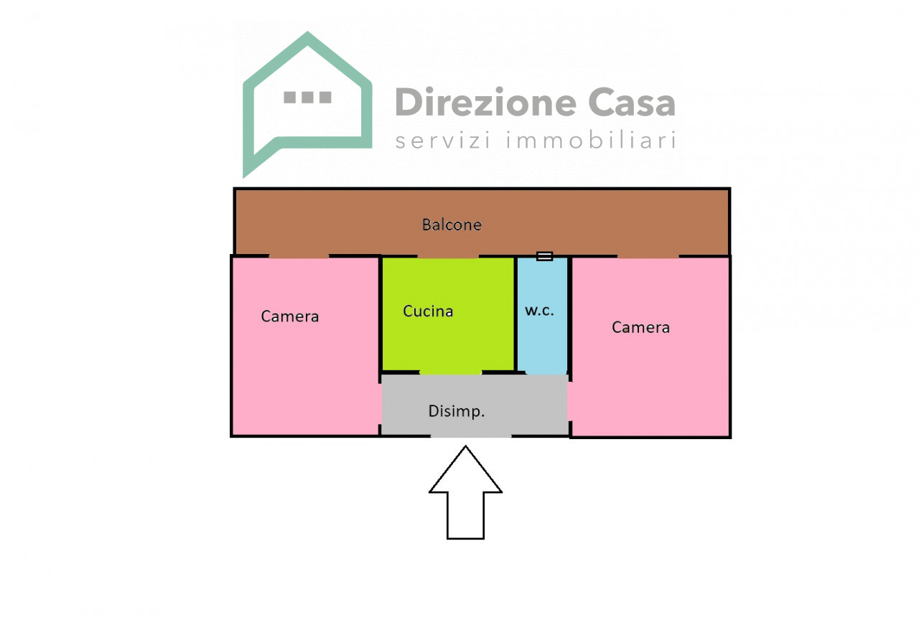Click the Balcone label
452,225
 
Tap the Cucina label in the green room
428,311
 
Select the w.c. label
539,311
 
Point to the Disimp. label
457,411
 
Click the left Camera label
289,316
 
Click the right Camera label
641,327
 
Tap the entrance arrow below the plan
466,492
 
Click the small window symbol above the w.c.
544,256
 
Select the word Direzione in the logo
486,102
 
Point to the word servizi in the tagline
443,140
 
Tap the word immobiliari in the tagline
591,140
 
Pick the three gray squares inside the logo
308,97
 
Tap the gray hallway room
475,405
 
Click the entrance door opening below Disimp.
471,436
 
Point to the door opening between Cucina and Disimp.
450,372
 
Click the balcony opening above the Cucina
448,256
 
